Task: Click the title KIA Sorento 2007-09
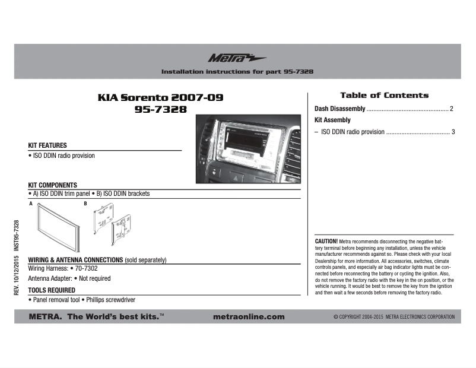(160, 97)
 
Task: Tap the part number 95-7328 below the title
(160, 109)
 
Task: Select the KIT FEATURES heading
(47, 145)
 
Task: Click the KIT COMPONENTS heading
(53, 185)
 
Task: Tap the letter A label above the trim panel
(30, 204)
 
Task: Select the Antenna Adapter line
(69, 278)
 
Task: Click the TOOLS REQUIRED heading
(52, 290)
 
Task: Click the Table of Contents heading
(384, 95)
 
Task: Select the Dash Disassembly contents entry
(339, 109)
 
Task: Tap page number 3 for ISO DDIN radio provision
(453, 132)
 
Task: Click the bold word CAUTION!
(326, 242)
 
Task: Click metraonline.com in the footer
(248, 317)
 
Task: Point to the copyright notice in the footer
(394, 317)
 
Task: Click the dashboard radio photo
(248, 148)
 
